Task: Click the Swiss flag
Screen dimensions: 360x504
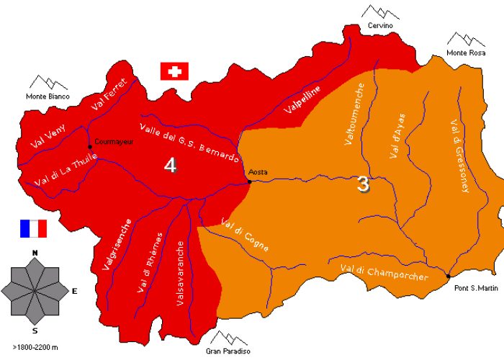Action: coord(174,71)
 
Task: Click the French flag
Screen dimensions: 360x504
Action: coord(33,228)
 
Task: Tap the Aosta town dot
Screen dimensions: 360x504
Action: coord(249,181)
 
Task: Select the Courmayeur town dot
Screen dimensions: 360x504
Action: coord(89,147)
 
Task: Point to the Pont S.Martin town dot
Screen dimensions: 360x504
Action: coord(448,276)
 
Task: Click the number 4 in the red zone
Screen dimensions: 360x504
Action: coord(170,166)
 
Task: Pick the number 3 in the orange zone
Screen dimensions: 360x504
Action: coord(364,184)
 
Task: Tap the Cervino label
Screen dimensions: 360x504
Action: coord(381,26)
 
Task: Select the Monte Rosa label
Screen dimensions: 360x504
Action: coord(466,53)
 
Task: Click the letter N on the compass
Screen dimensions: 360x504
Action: coord(35,253)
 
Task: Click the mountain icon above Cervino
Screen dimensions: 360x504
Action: coord(379,11)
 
